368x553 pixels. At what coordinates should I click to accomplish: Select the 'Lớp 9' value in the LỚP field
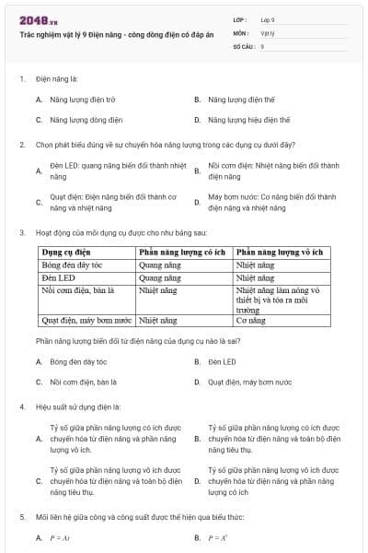coord(268,18)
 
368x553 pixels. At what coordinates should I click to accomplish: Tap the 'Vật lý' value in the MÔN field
coord(268,31)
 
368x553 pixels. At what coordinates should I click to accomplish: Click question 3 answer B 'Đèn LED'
coord(222,362)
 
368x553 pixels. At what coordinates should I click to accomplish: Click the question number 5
coord(22,518)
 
